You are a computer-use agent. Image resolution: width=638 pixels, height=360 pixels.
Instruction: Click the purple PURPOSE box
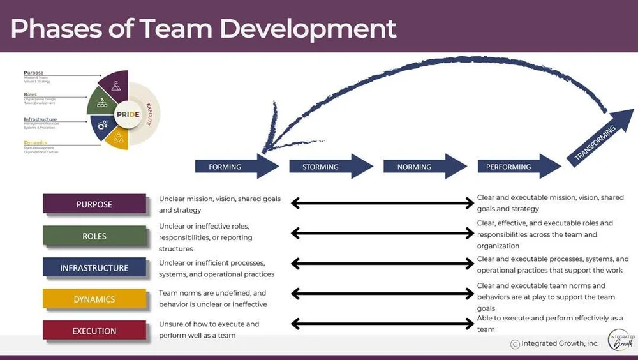click(x=94, y=204)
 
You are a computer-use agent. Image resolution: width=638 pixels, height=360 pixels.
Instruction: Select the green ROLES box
click(x=94, y=236)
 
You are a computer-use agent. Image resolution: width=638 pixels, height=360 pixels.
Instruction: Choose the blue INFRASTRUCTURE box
click(x=94, y=267)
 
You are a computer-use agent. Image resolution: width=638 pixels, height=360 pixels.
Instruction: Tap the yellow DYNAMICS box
click(x=94, y=299)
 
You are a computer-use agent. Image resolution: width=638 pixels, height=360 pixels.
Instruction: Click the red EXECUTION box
click(x=94, y=331)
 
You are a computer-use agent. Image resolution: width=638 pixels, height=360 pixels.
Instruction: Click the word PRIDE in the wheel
click(x=128, y=115)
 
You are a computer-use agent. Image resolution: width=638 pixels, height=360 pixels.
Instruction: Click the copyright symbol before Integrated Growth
click(x=515, y=344)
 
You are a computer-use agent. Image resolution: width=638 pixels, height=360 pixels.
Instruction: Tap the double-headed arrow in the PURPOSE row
click(x=382, y=204)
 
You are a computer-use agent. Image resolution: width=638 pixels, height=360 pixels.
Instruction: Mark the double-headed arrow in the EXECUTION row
click(x=382, y=324)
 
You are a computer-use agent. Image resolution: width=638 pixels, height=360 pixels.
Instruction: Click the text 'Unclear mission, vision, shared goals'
click(x=219, y=199)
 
